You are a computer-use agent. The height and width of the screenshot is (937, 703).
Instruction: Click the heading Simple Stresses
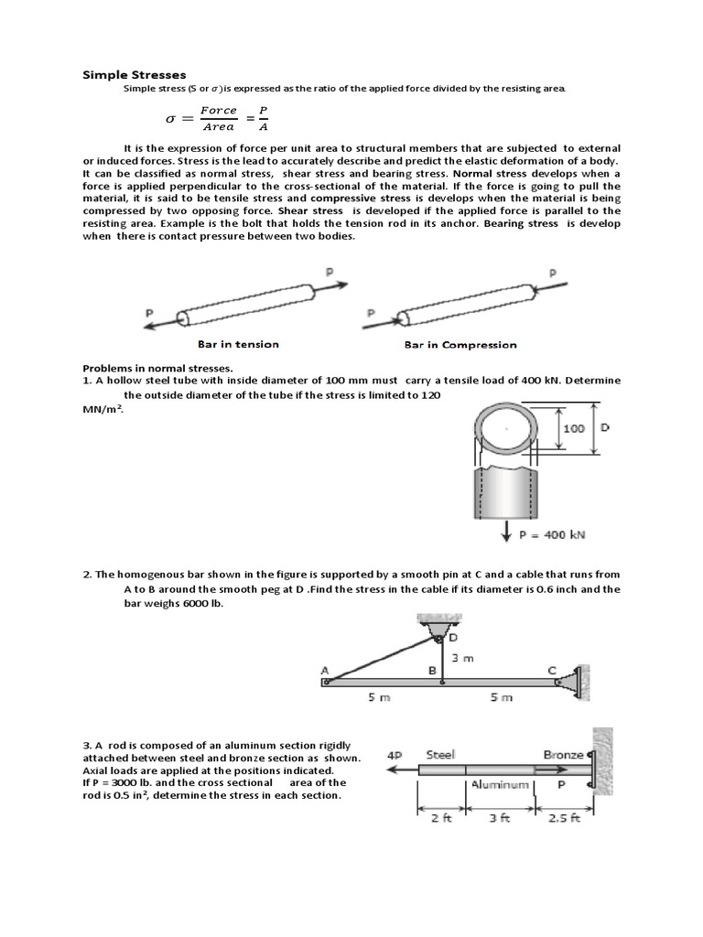coord(134,74)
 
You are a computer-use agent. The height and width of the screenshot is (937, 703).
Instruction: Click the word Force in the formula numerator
coord(219,110)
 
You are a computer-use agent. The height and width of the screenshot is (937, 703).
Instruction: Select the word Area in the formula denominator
coord(219,127)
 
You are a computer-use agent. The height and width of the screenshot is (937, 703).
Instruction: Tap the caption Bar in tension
coord(238,344)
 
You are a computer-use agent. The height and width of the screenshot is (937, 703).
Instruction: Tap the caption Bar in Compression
coord(460,345)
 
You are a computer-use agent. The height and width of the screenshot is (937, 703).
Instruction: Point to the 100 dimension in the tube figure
coord(573,428)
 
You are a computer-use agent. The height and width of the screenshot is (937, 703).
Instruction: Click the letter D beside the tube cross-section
coord(605,427)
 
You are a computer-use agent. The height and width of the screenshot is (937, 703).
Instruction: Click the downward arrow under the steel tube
coord(505,531)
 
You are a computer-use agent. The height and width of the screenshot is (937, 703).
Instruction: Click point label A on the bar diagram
coord(325,670)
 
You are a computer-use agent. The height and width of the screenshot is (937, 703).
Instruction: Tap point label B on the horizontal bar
coord(432,670)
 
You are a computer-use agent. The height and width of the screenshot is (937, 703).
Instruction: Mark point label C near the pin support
coord(551,670)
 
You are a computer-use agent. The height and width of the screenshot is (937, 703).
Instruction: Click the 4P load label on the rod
coord(395,756)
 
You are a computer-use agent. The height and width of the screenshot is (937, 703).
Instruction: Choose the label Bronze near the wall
coord(563,755)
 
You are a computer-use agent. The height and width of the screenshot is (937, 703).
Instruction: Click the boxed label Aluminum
coord(501,785)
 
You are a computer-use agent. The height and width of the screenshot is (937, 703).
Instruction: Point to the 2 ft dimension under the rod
coord(441,818)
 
